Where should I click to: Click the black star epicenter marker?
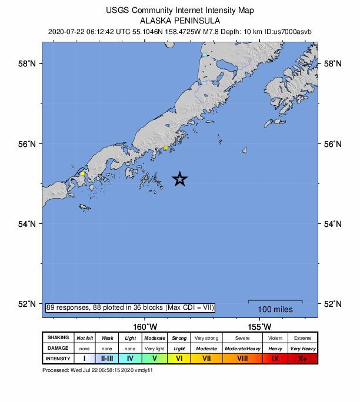[180, 179]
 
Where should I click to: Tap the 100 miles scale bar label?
[275, 309]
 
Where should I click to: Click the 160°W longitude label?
[145, 327]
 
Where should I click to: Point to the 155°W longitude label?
[259, 327]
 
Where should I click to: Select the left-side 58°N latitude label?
[26, 63]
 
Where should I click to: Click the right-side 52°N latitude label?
[334, 304]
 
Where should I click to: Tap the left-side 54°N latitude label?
[26, 224]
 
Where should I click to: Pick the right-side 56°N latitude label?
[334, 144]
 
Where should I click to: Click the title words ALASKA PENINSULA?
[180, 20]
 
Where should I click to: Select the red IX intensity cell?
[275, 359]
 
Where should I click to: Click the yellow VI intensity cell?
[179, 359]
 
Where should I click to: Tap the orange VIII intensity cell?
[242, 359]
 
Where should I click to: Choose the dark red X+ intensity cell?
[302, 359]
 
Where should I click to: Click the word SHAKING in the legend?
[58, 338]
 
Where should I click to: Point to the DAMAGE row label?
[58, 349]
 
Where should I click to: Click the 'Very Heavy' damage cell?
[302, 349]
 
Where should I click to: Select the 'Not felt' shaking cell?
[85, 338]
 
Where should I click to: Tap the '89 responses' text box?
[130, 307]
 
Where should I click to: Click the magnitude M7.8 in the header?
[209, 31]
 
